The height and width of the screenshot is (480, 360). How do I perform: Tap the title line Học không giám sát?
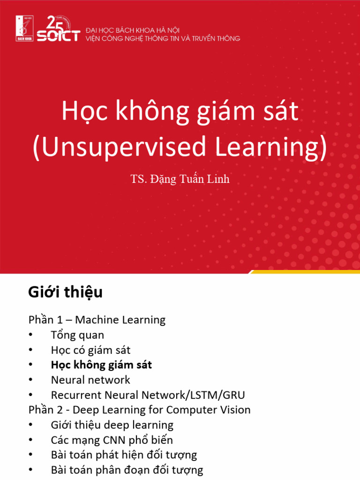[x=180, y=112]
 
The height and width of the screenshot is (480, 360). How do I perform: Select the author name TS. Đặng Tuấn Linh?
[x=180, y=179]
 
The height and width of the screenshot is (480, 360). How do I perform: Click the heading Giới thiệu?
[x=65, y=292]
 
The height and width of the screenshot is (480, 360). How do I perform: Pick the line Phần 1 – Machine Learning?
[x=97, y=320]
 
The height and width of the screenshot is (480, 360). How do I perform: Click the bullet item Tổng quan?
[x=77, y=335]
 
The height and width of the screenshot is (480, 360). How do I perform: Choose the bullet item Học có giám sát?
[x=90, y=350]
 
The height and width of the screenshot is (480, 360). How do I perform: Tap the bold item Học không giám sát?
[x=101, y=365]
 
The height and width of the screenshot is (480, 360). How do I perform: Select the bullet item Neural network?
[x=90, y=380]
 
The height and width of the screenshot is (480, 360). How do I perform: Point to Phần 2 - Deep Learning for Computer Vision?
[x=140, y=410]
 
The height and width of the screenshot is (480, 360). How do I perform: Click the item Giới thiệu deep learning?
[x=112, y=425]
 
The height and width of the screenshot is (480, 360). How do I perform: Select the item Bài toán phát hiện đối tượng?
[x=124, y=455]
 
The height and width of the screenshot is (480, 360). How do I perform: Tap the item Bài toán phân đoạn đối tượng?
[x=127, y=470]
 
